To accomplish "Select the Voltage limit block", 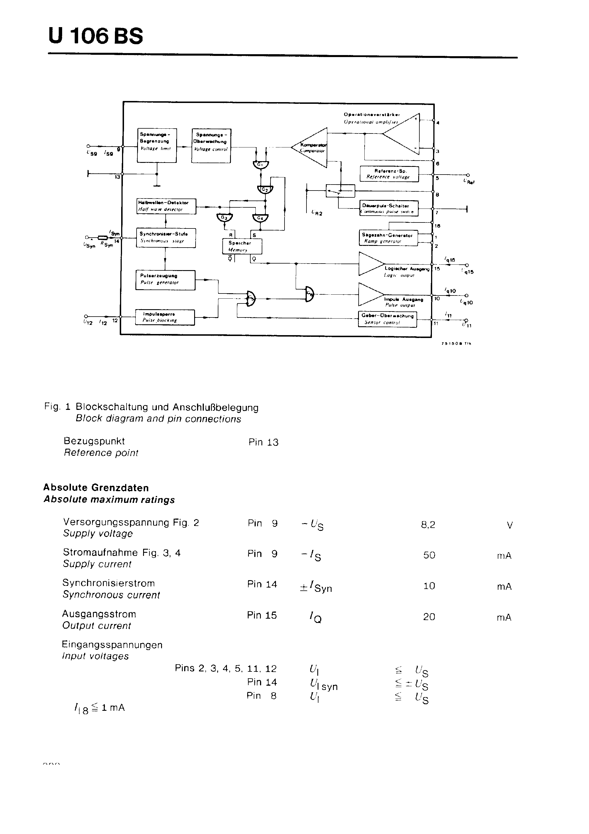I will point(157,145).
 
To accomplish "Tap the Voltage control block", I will point(211,145).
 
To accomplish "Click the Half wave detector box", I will point(166,206).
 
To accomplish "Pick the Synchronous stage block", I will point(166,238).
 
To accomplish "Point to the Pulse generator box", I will point(165,280).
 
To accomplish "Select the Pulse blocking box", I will point(165,317).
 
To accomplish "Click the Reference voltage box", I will point(389,174).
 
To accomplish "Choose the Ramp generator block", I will point(388,238).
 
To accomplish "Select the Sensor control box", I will point(387,319).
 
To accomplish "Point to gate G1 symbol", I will point(260,165).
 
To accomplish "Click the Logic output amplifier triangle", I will point(370,264).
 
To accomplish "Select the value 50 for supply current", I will point(429,555).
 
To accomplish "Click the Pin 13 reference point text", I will point(263,442).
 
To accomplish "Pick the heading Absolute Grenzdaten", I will point(96,487).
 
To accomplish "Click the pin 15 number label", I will point(437,269).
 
